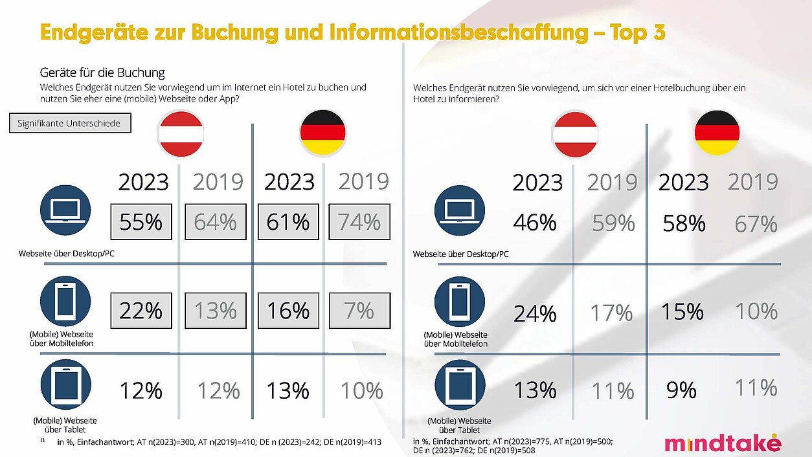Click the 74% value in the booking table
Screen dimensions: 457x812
click(x=359, y=222)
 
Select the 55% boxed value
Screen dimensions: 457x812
click(x=141, y=222)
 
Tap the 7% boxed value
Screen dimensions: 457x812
click(x=359, y=311)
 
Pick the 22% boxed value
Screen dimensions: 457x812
click(x=141, y=311)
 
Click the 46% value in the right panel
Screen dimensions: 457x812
click(x=535, y=223)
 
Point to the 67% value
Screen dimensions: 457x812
click(x=756, y=224)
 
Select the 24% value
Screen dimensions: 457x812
click(x=535, y=313)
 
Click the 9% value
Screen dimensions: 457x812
click(x=681, y=390)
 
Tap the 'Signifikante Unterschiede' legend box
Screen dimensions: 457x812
click(x=69, y=123)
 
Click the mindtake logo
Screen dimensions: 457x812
click(x=722, y=443)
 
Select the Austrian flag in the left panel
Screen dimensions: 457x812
click(x=181, y=133)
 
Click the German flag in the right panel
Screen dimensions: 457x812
click(x=717, y=133)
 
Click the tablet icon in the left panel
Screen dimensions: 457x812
click(x=65, y=386)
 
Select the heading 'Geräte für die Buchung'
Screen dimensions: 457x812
click(x=102, y=72)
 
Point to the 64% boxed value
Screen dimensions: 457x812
click(x=215, y=222)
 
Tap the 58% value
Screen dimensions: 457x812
click(x=684, y=224)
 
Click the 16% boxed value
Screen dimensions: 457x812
click(x=288, y=311)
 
